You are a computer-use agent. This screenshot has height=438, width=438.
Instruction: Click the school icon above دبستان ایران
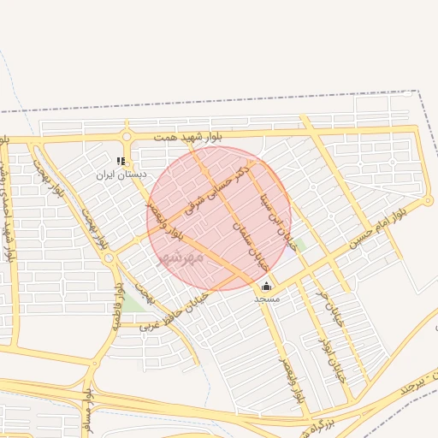(121, 160)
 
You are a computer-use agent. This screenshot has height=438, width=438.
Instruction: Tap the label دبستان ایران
(121, 174)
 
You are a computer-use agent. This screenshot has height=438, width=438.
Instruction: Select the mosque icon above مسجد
(266, 287)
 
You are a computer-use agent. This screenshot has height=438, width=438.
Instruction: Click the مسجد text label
(266, 300)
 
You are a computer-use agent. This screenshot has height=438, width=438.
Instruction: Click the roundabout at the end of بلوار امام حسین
(429, 202)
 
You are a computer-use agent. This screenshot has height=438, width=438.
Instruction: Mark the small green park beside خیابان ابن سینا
(298, 246)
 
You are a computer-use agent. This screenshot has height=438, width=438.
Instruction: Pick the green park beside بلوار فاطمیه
(131, 301)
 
